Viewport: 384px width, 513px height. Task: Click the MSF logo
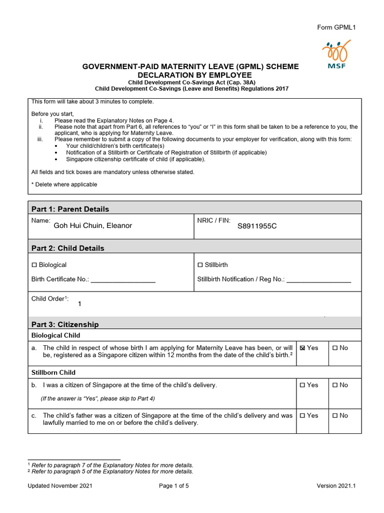[336, 55]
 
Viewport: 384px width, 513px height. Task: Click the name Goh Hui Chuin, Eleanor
[92, 226]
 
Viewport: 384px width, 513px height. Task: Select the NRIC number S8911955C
[257, 226]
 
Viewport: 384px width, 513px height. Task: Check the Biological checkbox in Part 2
[34, 265]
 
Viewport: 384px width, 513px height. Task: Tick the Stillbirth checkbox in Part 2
[200, 265]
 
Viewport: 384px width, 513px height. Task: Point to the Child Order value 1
[79, 304]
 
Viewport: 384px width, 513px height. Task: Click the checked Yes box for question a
[302, 348]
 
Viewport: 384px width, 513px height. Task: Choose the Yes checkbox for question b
[302, 385]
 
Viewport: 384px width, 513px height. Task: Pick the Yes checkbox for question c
[302, 416]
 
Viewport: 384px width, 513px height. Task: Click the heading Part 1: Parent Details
[70, 209]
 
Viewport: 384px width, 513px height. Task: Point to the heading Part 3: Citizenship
[65, 324]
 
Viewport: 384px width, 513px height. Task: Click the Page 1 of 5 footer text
[174, 486]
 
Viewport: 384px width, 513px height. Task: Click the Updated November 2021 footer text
[60, 486]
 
